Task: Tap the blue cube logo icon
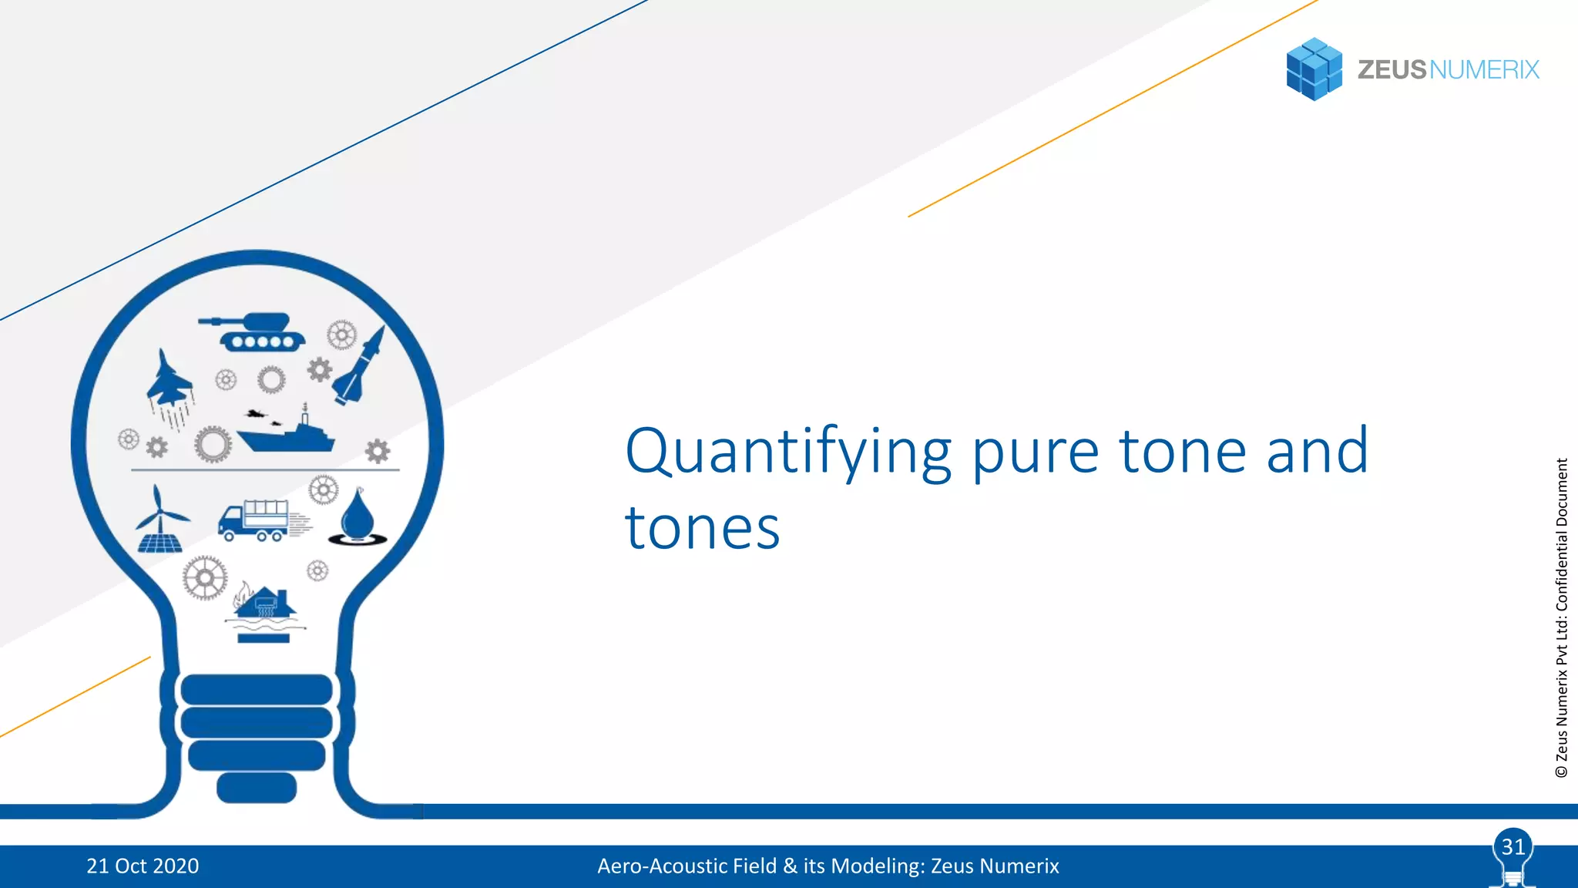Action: click(1314, 69)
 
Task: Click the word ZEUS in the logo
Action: click(1392, 69)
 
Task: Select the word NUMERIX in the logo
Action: click(1484, 69)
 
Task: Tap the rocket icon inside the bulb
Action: click(360, 367)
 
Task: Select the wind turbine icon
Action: click(160, 520)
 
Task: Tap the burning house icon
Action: click(264, 605)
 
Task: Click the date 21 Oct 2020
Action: click(143, 866)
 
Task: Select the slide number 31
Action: click(1513, 847)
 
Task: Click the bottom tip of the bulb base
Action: click(257, 788)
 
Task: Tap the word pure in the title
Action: click(1035, 452)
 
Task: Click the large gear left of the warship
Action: click(213, 445)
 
